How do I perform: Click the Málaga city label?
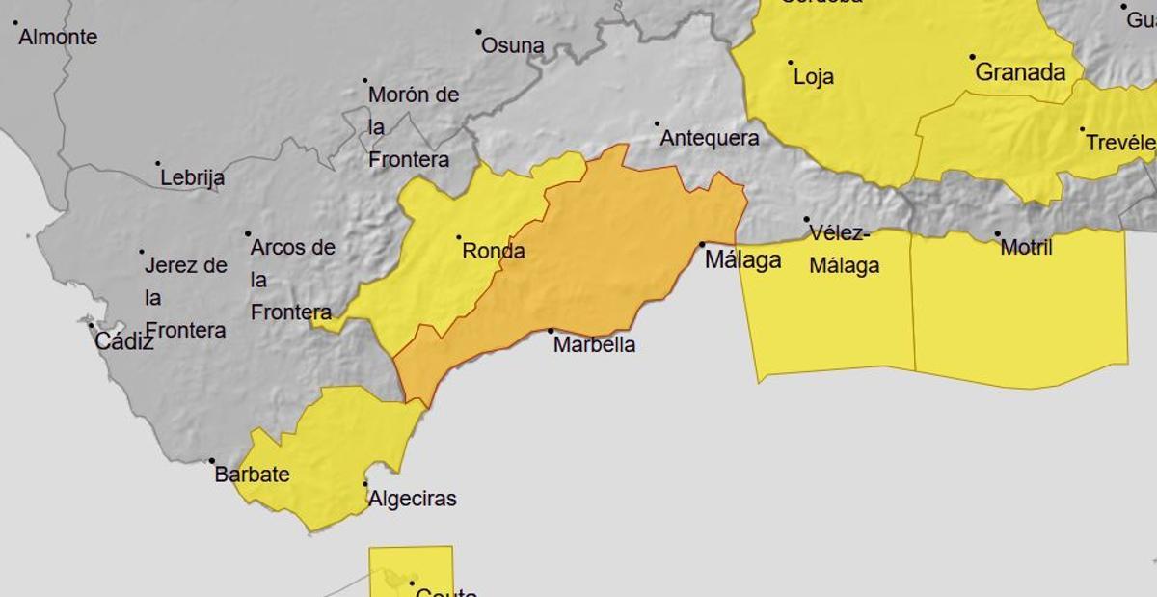point(742,259)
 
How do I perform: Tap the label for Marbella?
point(594,344)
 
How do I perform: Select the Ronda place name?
point(494,252)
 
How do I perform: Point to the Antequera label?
point(709,138)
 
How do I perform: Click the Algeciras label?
point(412,499)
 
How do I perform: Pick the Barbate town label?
point(252,475)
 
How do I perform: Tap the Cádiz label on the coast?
point(123,340)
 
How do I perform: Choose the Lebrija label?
point(192,177)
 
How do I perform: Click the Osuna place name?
point(512,45)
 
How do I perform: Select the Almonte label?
point(58,38)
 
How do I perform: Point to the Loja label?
point(813,77)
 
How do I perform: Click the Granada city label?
point(1020,72)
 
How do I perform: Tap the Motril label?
point(1026,248)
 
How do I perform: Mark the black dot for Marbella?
point(552,331)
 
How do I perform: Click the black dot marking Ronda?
point(458,237)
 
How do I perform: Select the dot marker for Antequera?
point(658,123)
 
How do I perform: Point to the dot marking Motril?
point(998,233)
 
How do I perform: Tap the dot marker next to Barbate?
point(212,461)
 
